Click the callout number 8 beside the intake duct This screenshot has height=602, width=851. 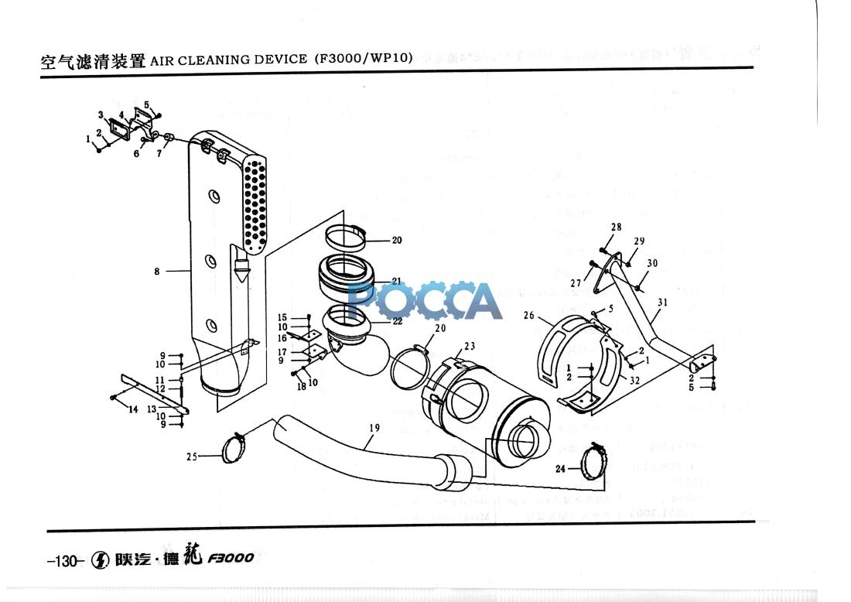click(157, 272)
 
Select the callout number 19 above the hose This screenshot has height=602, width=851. click(374, 427)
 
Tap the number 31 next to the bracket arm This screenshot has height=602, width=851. click(662, 302)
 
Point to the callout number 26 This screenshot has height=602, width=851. click(529, 315)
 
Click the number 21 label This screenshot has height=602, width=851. click(396, 281)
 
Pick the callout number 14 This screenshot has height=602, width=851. click(133, 409)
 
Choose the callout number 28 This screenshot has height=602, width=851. click(616, 227)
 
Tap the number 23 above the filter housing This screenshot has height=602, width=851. click(470, 346)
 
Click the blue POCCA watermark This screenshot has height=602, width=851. click(425, 301)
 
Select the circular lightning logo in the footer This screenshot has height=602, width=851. click(100, 560)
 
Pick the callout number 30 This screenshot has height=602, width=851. click(652, 263)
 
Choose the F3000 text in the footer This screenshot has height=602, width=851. click(229, 559)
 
